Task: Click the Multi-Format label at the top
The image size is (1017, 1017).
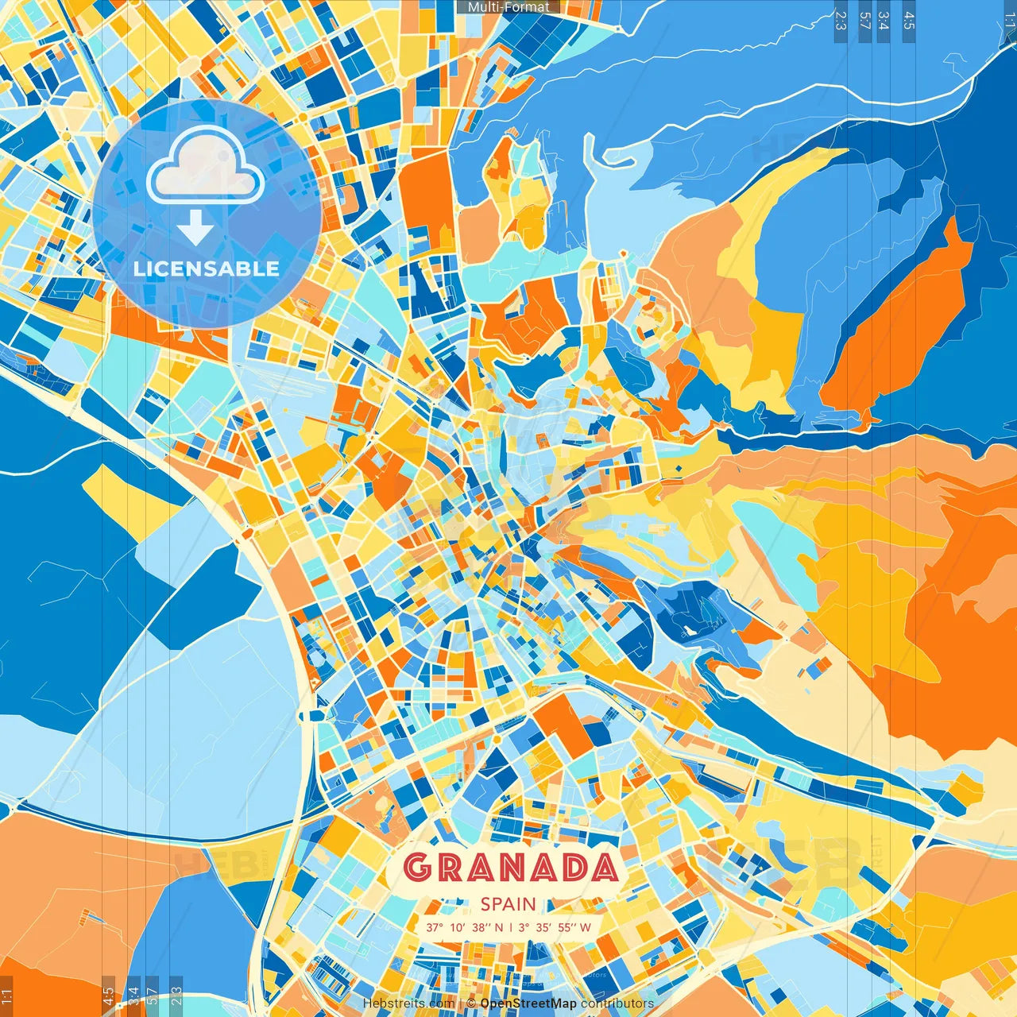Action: (508, 7)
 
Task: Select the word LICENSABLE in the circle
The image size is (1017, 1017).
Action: (207, 269)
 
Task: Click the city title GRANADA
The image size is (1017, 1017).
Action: (509, 868)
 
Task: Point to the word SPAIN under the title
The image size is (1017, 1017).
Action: (508, 904)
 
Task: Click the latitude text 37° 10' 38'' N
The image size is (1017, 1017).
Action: (464, 927)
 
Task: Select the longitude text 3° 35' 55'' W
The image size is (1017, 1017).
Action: (555, 927)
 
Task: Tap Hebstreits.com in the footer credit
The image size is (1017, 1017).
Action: (408, 1003)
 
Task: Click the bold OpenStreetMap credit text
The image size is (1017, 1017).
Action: (528, 1003)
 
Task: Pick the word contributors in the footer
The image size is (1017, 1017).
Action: (617, 1003)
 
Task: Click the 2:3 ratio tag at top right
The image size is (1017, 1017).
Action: (841, 21)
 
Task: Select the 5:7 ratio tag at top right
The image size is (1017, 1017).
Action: (864, 21)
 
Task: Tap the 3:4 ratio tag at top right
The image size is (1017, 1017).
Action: (884, 21)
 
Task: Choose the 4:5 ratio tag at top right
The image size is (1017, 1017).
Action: (909, 21)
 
